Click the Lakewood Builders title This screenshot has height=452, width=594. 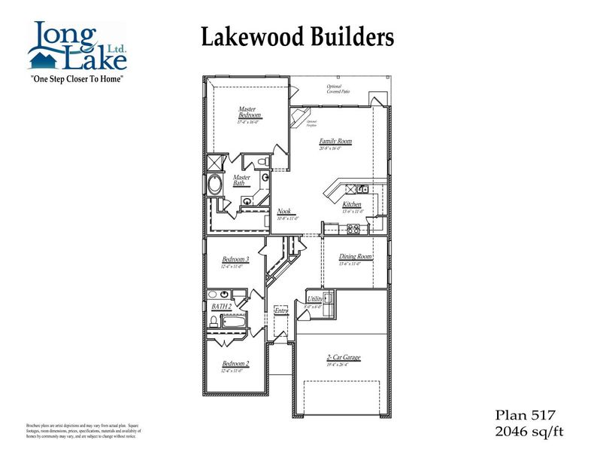(297, 36)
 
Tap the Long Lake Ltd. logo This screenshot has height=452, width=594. (74, 45)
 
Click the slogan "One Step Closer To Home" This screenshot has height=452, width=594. (75, 78)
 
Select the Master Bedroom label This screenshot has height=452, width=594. (247, 112)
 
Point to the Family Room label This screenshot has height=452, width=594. (335, 142)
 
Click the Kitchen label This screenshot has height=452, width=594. (352, 205)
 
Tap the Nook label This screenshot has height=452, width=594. (284, 212)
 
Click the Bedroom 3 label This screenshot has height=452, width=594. (235, 260)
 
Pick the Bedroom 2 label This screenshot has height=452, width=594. (235, 364)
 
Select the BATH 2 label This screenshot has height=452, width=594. (221, 307)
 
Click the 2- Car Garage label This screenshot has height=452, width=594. (343, 359)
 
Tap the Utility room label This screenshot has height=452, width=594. (315, 300)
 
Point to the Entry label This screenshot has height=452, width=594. (281, 310)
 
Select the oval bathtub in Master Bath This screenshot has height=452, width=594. (215, 185)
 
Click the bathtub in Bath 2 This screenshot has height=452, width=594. (235, 323)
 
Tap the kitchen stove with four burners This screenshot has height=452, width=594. (332, 228)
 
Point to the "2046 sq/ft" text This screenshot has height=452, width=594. (529, 431)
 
